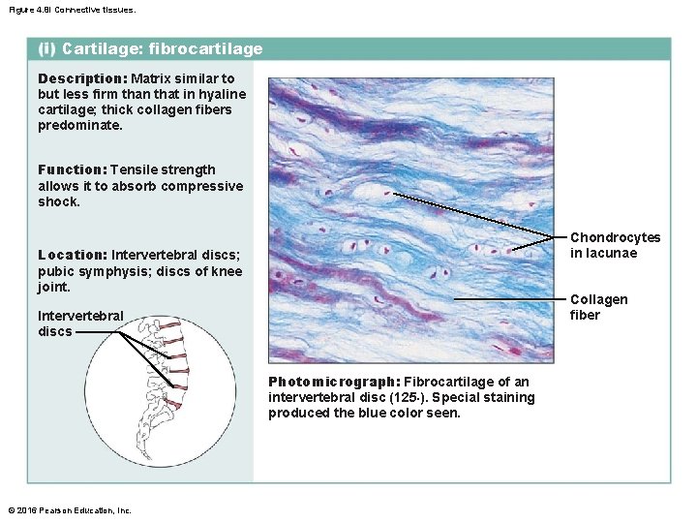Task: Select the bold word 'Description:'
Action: [x=82, y=78]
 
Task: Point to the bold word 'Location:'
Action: [x=72, y=255]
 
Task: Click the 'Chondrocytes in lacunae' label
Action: [x=615, y=245]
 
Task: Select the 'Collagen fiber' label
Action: [x=598, y=307]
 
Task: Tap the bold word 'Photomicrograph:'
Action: [x=333, y=382]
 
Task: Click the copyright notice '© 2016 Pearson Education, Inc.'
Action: [x=69, y=510]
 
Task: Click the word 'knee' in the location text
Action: [x=226, y=271]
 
